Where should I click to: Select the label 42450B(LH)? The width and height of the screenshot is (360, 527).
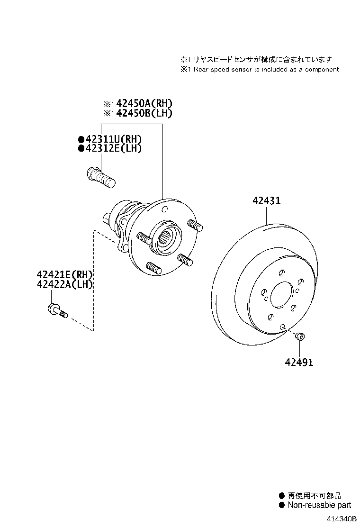(144, 113)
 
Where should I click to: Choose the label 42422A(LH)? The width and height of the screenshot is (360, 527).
(65, 284)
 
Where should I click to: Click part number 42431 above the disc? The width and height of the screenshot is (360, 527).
(266, 201)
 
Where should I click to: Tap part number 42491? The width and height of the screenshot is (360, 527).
(299, 363)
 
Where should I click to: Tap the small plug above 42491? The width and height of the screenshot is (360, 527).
(299, 336)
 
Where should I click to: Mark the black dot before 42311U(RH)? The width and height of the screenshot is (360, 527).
(81, 139)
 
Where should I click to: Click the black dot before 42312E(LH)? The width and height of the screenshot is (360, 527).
(81, 148)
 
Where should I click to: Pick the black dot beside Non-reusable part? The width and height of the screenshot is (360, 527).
(282, 505)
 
